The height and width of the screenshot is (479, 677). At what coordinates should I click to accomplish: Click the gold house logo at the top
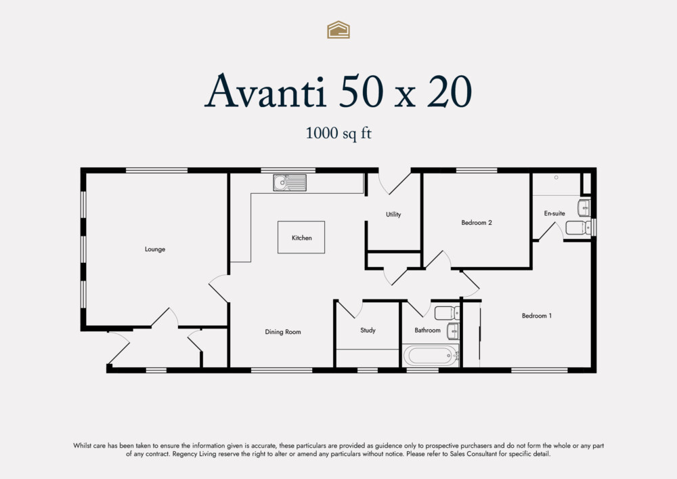pos(338,29)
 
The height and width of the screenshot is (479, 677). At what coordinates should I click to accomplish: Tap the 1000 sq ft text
pos(338,133)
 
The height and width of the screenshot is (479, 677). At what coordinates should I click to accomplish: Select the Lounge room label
pos(155,249)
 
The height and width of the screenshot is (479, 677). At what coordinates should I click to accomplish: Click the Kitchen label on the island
pos(301,238)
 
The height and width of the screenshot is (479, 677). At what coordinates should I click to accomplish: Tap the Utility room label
pos(393,214)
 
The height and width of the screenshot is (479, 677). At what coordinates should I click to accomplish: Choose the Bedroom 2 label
pos(476,222)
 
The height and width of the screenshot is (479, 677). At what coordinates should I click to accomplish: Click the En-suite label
pos(554,213)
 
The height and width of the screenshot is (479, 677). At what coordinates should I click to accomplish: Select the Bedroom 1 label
pos(536,316)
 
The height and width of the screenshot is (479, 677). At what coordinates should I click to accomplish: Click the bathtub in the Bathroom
pos(431,355)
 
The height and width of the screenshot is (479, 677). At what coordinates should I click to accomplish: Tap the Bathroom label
pos(427,331)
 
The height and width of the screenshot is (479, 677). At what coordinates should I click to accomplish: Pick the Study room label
pos(368,331)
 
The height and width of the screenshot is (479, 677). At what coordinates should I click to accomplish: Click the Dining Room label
pos(282,332)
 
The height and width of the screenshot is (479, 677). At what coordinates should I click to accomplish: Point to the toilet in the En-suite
pos(577,228)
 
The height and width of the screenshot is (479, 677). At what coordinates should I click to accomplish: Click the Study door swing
pos(351,310)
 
